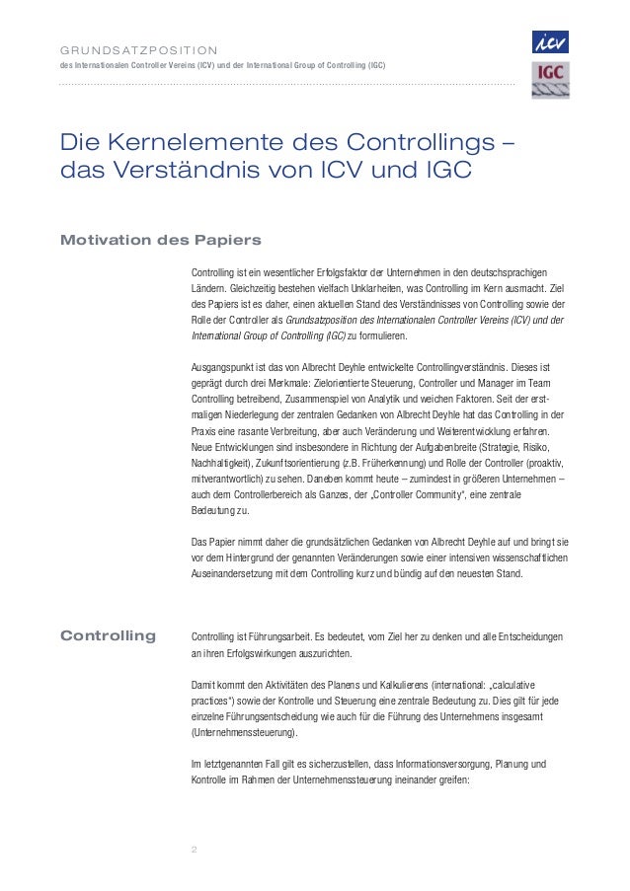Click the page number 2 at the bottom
194,849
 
